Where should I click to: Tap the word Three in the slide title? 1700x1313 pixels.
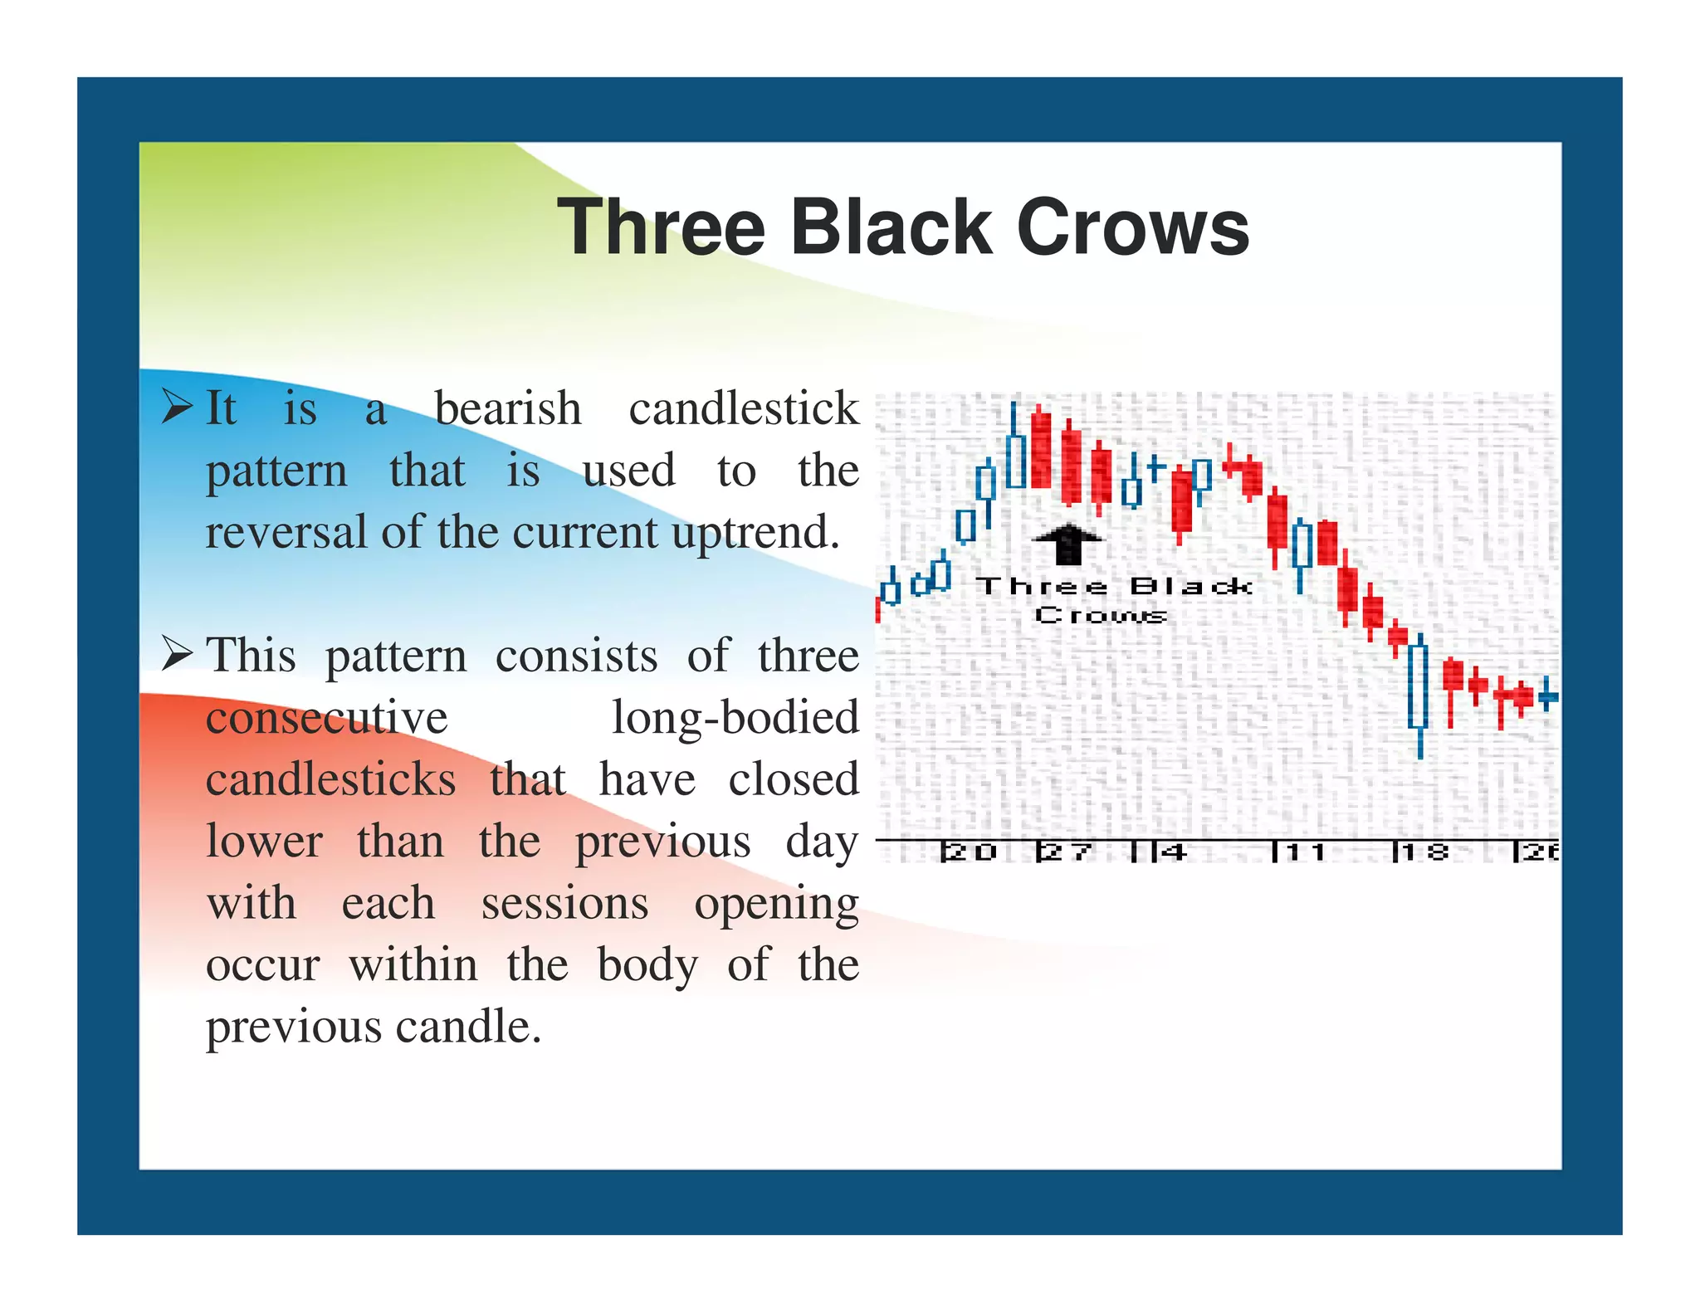pos(661,227)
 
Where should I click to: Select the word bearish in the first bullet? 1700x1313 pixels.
pos(508,408)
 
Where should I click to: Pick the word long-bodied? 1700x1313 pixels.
pos(735,717)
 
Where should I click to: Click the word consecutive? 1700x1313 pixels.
pos(326,717)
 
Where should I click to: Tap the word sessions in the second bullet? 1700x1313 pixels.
pos(564,903)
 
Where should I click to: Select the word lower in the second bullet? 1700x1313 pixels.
pos(264,842)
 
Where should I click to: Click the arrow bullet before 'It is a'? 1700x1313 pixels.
pos(177,407)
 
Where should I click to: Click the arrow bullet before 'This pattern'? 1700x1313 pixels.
pos(177,654)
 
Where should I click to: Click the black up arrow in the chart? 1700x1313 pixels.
pos(1067,543)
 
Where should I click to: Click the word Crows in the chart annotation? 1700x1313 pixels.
pos(1101,615)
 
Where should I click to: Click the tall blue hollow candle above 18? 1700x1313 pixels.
pos(1419,686)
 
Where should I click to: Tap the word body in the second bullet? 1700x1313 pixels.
pos(647,965)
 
